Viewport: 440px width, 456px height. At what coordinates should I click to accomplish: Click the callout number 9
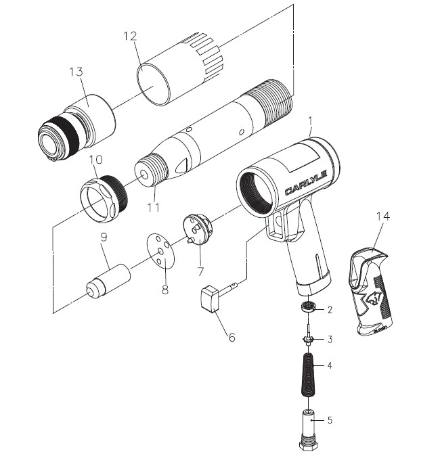[104, 238]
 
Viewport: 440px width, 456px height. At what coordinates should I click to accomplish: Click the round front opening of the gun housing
[255, 192]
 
